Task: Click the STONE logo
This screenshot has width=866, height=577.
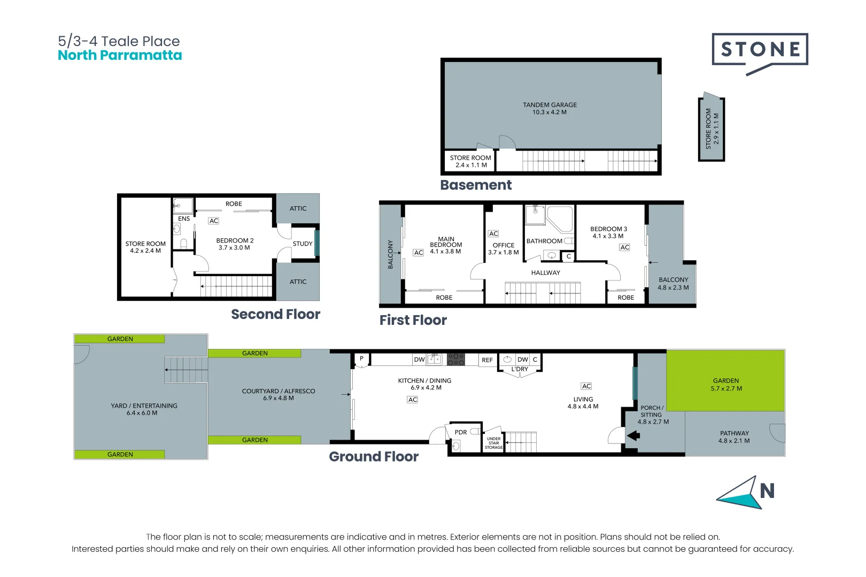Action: pyautogui.click(x=760, y=50)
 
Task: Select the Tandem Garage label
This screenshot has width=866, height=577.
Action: pyautogui.click(x=550, y=105)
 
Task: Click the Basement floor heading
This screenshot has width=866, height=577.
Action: pyautogui.click(x=476, y=185)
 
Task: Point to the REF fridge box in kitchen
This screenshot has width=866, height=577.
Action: pyautogui.click(x=487, y=360)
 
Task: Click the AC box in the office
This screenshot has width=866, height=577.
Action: pyautogui.click(x=493, y=233)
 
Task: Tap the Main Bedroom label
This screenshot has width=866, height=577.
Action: pyautogui.click(x=446, y=242)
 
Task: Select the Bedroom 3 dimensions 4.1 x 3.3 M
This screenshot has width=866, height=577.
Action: pyautogui.click(x=608, y=236)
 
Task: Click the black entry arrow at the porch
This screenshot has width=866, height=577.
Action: pyautogui.click(x=633, y=435)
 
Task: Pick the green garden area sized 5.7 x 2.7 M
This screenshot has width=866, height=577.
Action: pyautogui.click(x=725, y=380)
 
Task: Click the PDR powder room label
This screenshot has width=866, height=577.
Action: pyautogui.click(x=461, y=432)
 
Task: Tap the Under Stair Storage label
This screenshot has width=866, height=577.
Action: pyautogui.click(x=493, y=443)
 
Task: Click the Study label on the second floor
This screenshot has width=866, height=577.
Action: pyautogui.click(x=303, y=244)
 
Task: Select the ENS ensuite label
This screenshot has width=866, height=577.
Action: pyautogui.click(x=184, y=219)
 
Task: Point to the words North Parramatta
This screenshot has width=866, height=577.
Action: pyautogui.click(x=120, y=56)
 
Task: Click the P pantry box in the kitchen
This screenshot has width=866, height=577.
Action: pyautogui.click(x=362, y=358)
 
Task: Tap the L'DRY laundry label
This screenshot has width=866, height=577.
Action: pyautogui.click(x=520, y=369)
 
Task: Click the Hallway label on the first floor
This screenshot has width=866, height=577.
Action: pyautogui.click(x=545, y=272)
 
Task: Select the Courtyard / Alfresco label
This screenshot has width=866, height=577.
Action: pyautogui.click(x=279, y=391)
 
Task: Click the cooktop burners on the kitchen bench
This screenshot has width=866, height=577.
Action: pyautogui.click(x=456, y=359)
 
